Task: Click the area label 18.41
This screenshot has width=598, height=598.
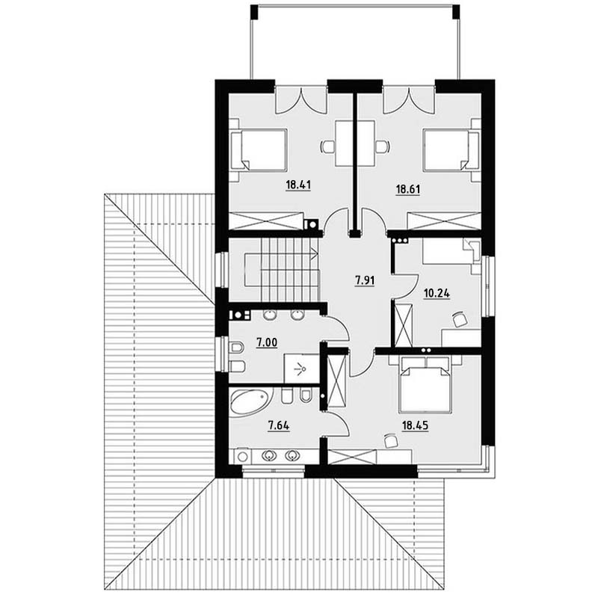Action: coord(298,185)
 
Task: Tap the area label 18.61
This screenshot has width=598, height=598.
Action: coord(407,190)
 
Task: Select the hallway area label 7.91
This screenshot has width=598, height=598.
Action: coord(365,281)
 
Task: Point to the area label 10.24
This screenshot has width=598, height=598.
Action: coord(437,294)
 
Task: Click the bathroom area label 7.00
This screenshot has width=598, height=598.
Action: coord(267,343)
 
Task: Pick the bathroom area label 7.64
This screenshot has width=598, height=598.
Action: coord(279,425)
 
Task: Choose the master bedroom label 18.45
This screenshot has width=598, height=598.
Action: coord(416,425)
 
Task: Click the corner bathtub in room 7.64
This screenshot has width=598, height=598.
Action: coord(249,402)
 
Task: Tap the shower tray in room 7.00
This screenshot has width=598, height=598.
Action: coord(301,369)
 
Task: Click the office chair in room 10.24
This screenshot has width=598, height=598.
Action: coord(460,319)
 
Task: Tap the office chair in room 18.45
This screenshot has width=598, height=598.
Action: coord(390,440)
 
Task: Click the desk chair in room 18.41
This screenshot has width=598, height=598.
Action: coord(328,147)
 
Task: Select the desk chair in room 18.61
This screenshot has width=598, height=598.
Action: coord(383,147)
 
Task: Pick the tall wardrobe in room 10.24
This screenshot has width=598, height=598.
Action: coord(404,325)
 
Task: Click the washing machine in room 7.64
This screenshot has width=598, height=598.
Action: coord(241,456)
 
